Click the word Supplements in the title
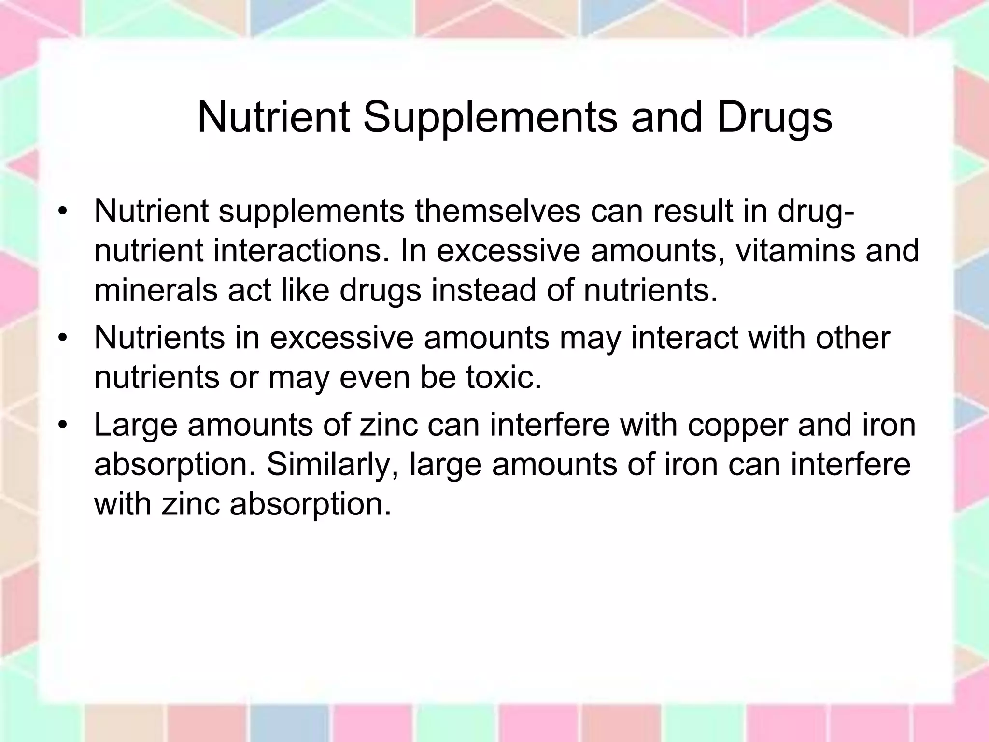pos(490,118)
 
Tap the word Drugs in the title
pos(775,118)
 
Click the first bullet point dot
pos(61,212)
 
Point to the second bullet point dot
pos(61,338)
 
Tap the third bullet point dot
pos(61,425)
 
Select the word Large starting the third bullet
pos(136,425)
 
